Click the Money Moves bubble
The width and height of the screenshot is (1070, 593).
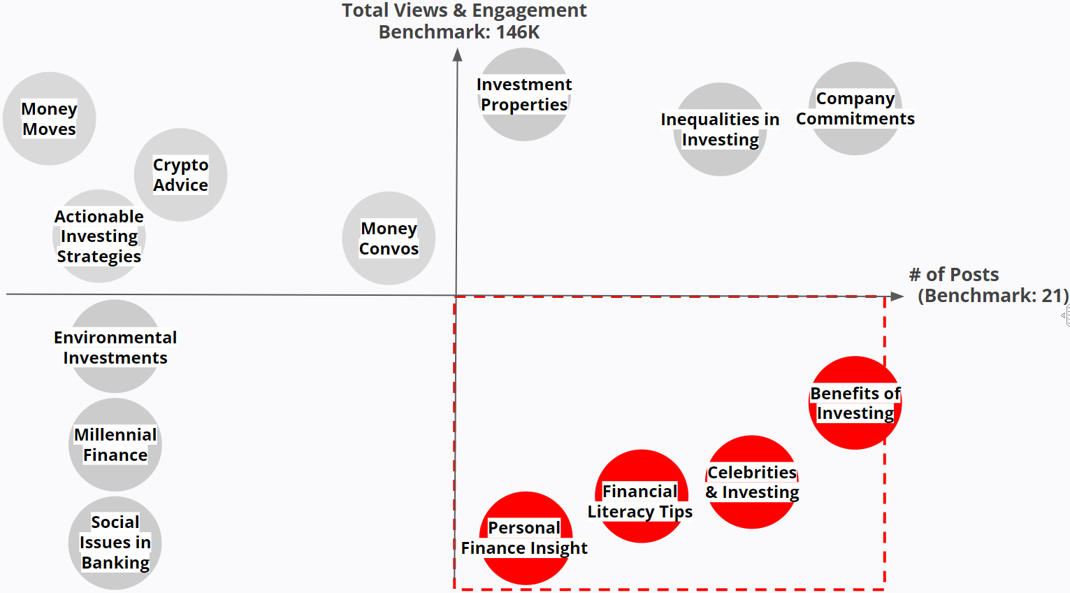click(x=49, y=119)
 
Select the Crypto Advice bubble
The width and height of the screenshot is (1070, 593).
click(x=180, y=175)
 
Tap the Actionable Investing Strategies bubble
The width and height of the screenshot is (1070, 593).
click(x=99, y=236)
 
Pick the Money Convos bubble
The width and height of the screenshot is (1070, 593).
click(x=389, y=238)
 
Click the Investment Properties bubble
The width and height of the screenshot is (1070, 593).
click(x=524, y=94)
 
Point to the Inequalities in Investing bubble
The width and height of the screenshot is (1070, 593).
click(x=720, y=129)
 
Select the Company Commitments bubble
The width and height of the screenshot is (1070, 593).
click(x=855, y=108)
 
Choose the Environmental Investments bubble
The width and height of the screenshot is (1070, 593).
click(x=115, y=347)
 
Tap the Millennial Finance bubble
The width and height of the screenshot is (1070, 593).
click(x=115, y=445)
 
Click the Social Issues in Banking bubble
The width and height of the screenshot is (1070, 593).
click(x=115, y=543)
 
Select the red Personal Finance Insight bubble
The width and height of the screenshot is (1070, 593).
click(x=526, y=538)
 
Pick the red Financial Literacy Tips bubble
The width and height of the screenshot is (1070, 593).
click(x=641, y=496)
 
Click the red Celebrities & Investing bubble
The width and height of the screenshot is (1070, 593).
click(x=752, y=482)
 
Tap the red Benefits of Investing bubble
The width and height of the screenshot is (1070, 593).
click(x=855, y=403)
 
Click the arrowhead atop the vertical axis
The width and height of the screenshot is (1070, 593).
click(x=457, y=55)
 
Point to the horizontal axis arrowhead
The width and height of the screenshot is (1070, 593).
click(x=897, y=296)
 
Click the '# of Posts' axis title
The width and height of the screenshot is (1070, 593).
click(x=954, y=274)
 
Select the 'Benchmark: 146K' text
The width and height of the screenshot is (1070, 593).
click(x=459, y=32)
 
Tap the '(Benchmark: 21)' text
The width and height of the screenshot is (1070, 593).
click(x=992, y=296)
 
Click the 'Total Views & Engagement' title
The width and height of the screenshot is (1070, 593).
click(x=464, y=10)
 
